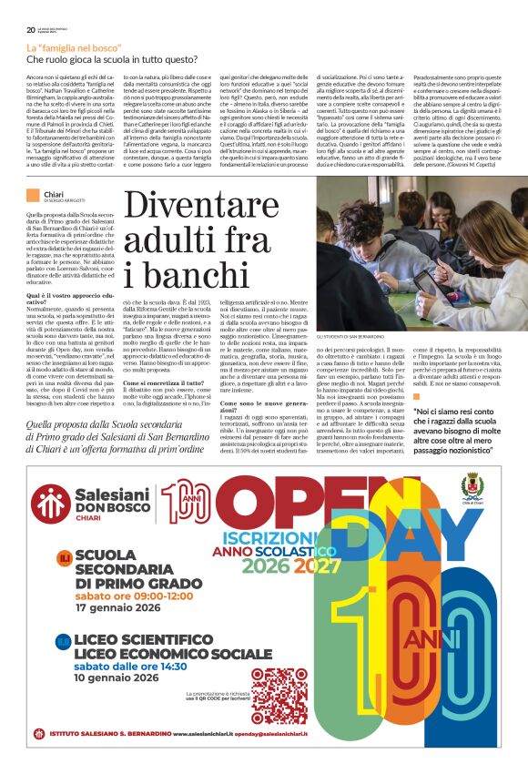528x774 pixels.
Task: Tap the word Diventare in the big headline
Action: tap(193, 209)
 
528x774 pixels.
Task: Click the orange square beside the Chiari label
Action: tap(32, 194)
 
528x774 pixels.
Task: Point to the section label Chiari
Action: tap(52, 193)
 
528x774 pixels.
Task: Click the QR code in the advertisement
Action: tap(279, 695)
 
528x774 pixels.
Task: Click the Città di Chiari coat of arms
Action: tap(471, 487)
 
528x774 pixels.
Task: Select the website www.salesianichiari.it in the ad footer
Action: tap(194, 733)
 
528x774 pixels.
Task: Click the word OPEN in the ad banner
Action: tap(300, 501)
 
